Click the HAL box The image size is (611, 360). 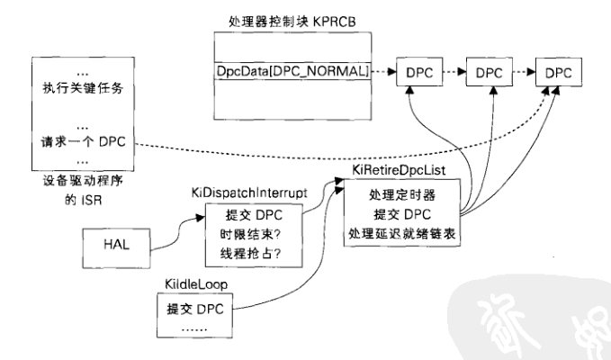(x=114, y=242)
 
